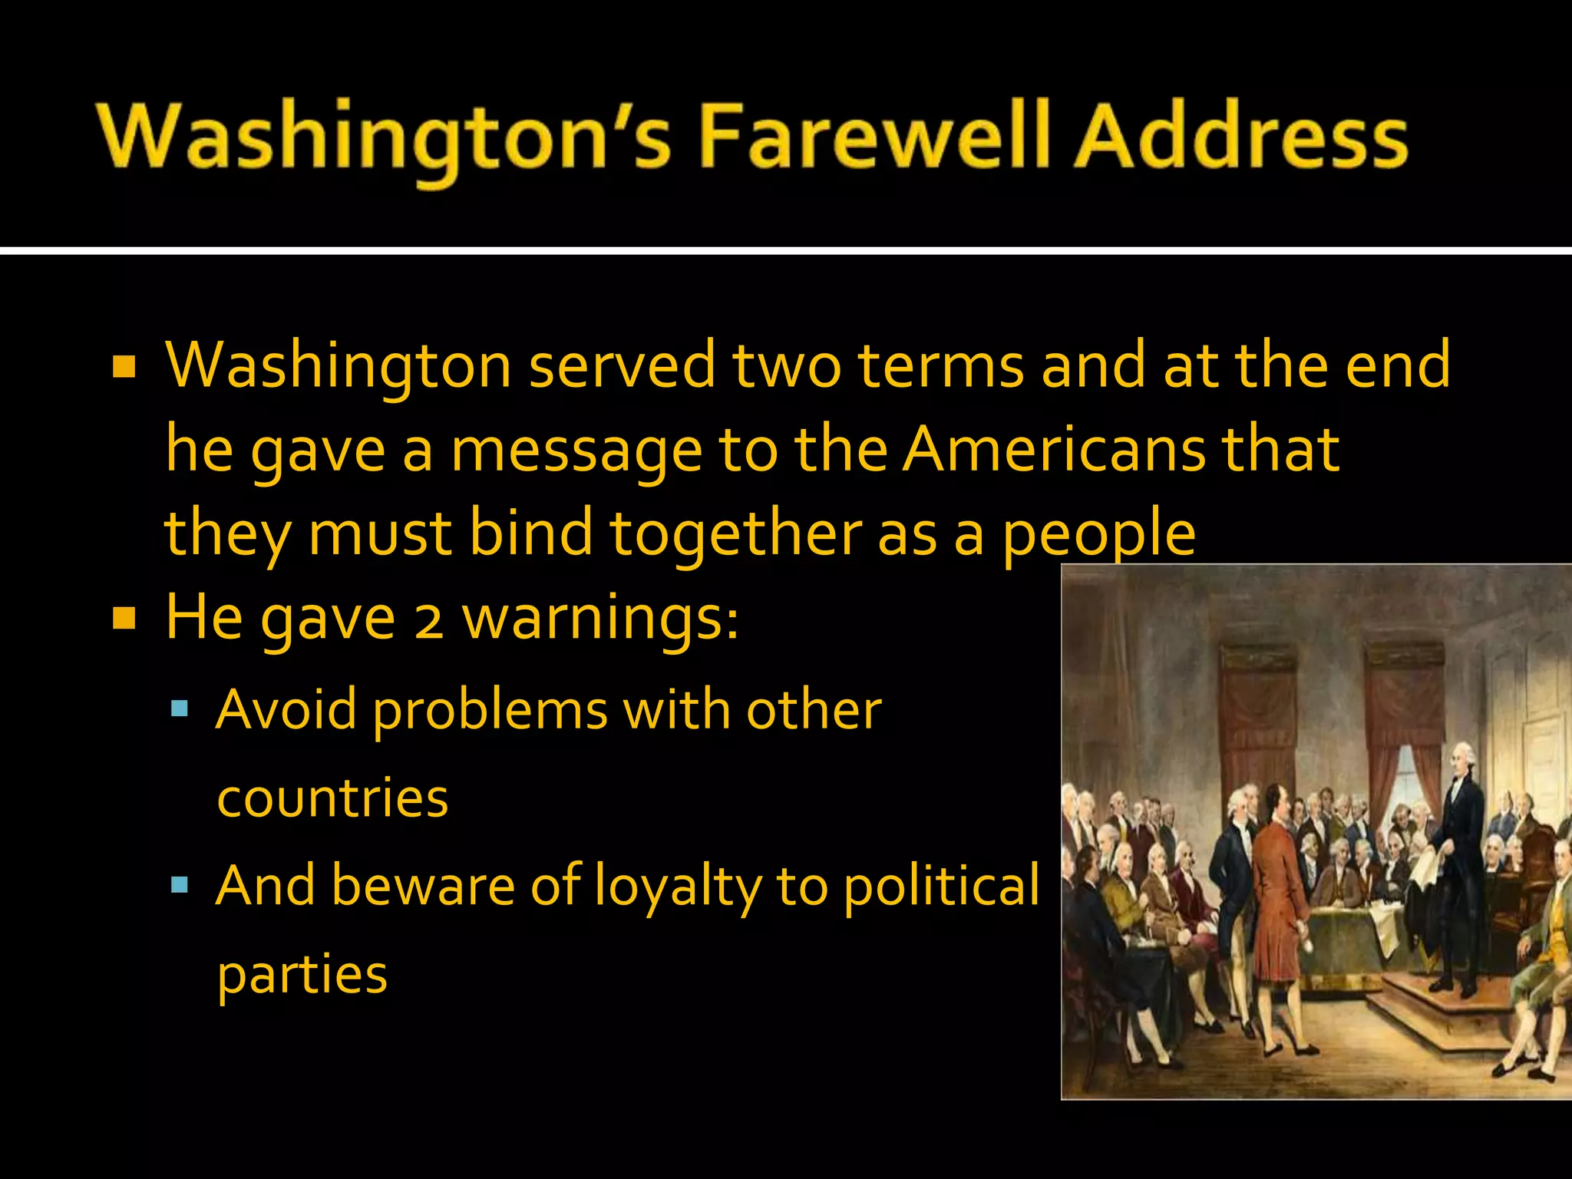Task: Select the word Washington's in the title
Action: point(384,138)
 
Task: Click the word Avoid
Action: point(286,709)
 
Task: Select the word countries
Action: point(332,798)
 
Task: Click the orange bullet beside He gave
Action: point(124,618)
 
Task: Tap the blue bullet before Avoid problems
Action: point(180,708)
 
